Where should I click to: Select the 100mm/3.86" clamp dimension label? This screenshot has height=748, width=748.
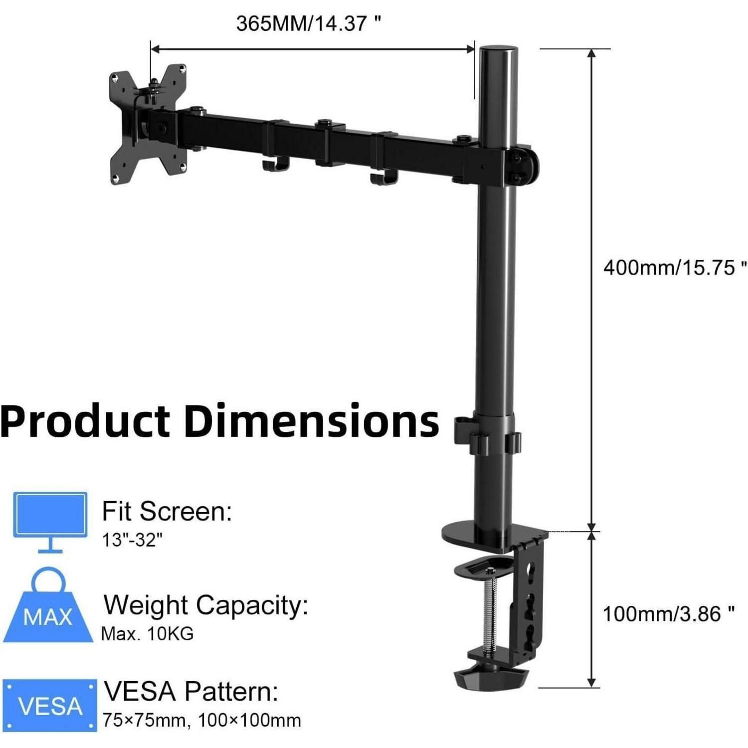(669, 614)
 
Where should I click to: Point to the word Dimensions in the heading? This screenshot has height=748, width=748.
(312, 421)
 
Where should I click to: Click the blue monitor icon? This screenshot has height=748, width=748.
(50, 522)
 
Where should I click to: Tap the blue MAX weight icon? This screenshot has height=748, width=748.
(48, 606)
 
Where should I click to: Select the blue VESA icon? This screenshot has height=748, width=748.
(49, 705)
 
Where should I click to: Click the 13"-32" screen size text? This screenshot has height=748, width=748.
(133, 540)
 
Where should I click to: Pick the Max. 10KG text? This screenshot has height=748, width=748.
(147, 634)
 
